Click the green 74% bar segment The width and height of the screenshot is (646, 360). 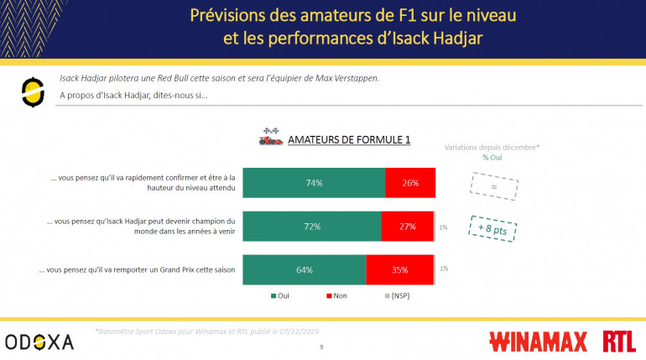[314, 183]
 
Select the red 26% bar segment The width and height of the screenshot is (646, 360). [410, 183]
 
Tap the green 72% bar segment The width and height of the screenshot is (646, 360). [311, 227]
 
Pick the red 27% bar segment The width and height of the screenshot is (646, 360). [407, 227]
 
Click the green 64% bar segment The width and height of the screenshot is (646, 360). [304, 269]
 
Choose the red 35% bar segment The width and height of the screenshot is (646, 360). [399, 269]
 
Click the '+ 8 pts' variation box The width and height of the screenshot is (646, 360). [492, 227]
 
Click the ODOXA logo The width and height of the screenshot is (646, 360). [39, 342]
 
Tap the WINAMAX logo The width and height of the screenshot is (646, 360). [539, 342]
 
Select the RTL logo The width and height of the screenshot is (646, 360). [619, 342]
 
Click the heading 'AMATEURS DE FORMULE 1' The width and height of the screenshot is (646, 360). [348, 139]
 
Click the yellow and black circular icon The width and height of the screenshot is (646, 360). [33, 91]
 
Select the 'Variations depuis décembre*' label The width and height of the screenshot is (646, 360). [492, 147]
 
